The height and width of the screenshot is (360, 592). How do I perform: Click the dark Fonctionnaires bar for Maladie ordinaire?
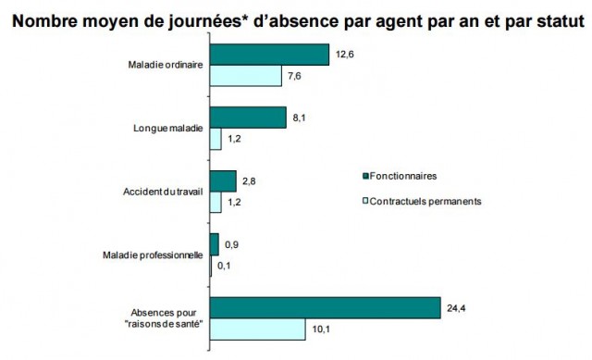269,55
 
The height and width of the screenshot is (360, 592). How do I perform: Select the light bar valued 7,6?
246,76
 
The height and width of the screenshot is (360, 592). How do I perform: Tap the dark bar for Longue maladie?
248,118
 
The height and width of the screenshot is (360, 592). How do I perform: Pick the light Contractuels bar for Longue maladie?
216,139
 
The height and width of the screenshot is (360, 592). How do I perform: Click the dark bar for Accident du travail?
224,180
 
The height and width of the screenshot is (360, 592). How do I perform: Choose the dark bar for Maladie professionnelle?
215,243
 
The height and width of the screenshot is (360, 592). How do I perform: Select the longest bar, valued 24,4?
325,306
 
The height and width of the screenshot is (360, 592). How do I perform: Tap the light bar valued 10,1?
257,328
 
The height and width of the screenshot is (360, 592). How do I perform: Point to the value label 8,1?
299,118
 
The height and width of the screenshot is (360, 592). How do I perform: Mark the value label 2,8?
250,180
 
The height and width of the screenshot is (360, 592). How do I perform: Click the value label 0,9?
232,245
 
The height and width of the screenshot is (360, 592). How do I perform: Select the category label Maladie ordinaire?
166,65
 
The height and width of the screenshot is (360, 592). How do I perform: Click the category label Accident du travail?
163,192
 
